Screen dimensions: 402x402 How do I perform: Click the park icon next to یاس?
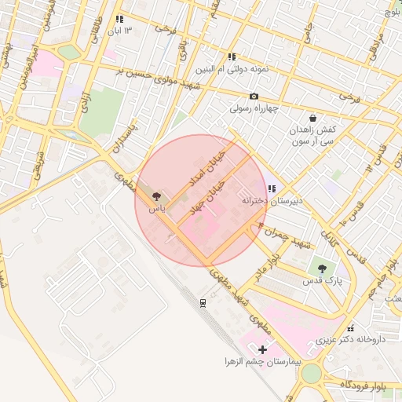[x=156, y=196]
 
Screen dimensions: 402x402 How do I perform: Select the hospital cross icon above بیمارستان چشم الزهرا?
[x=262, y=349]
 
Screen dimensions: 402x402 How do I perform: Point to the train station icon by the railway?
[x=203, y=302]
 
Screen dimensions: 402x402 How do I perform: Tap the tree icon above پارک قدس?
[x=322, y=269]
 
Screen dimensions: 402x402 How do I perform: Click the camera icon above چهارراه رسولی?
[x=254, y=96]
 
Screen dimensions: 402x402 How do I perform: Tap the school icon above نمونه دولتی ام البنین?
[x=232, y=57]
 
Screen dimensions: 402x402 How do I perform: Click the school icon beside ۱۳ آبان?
[x=119, y=19]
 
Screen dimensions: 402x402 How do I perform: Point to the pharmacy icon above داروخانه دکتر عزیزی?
[x=350, y=328]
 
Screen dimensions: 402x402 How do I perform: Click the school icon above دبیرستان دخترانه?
[x=272, y=188]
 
